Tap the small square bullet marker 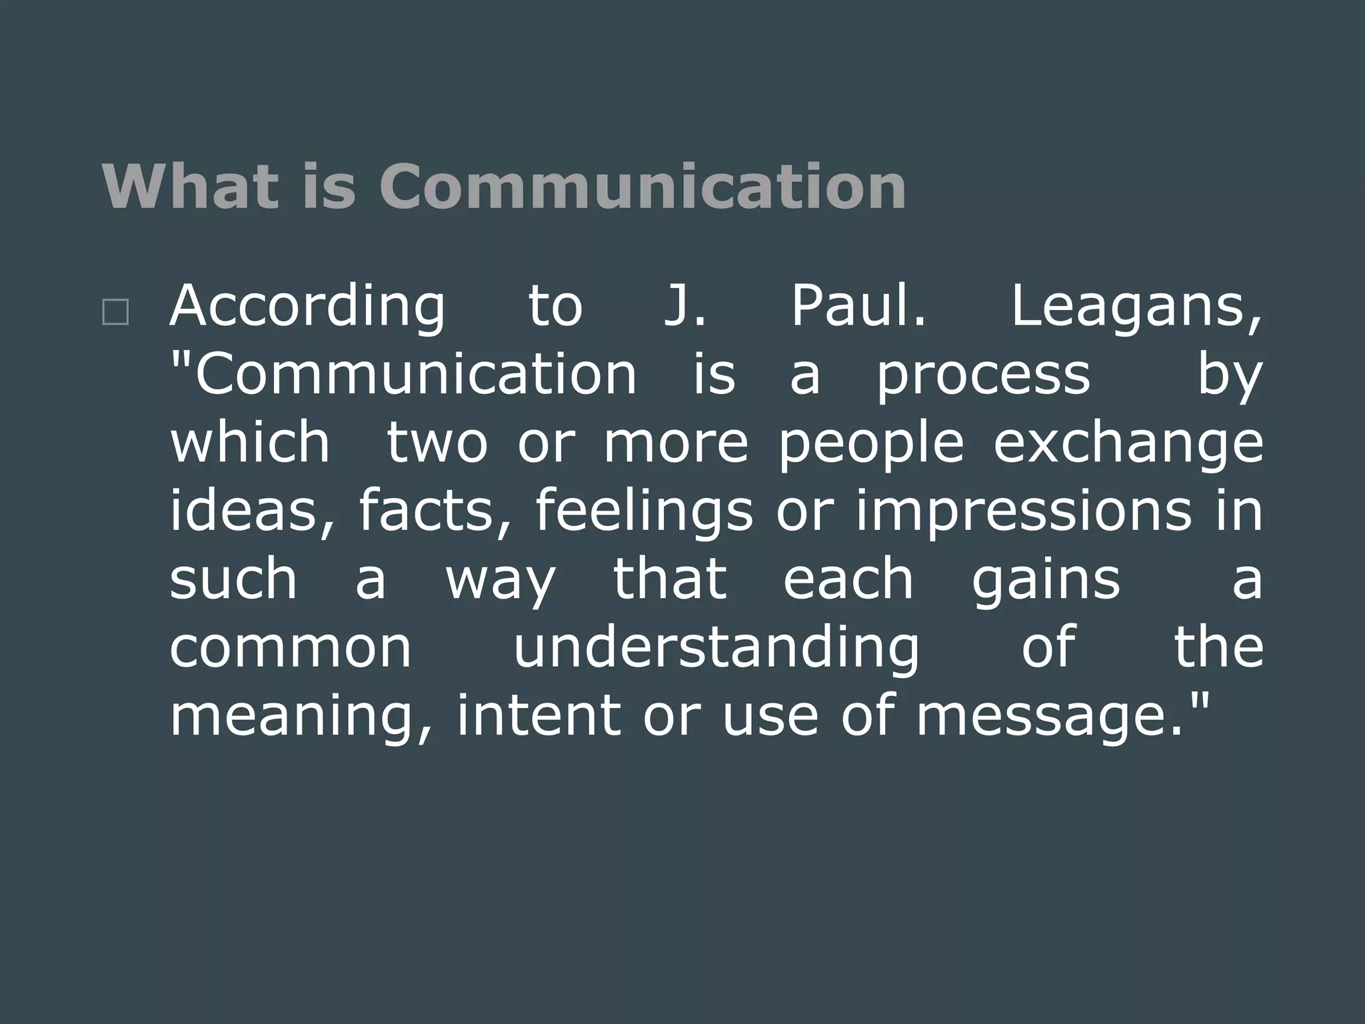[x=115, y=312]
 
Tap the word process [x=983, y=377]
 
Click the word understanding [x=716, y=648]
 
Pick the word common [x=291, y=648]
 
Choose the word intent [x=539, y=716]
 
